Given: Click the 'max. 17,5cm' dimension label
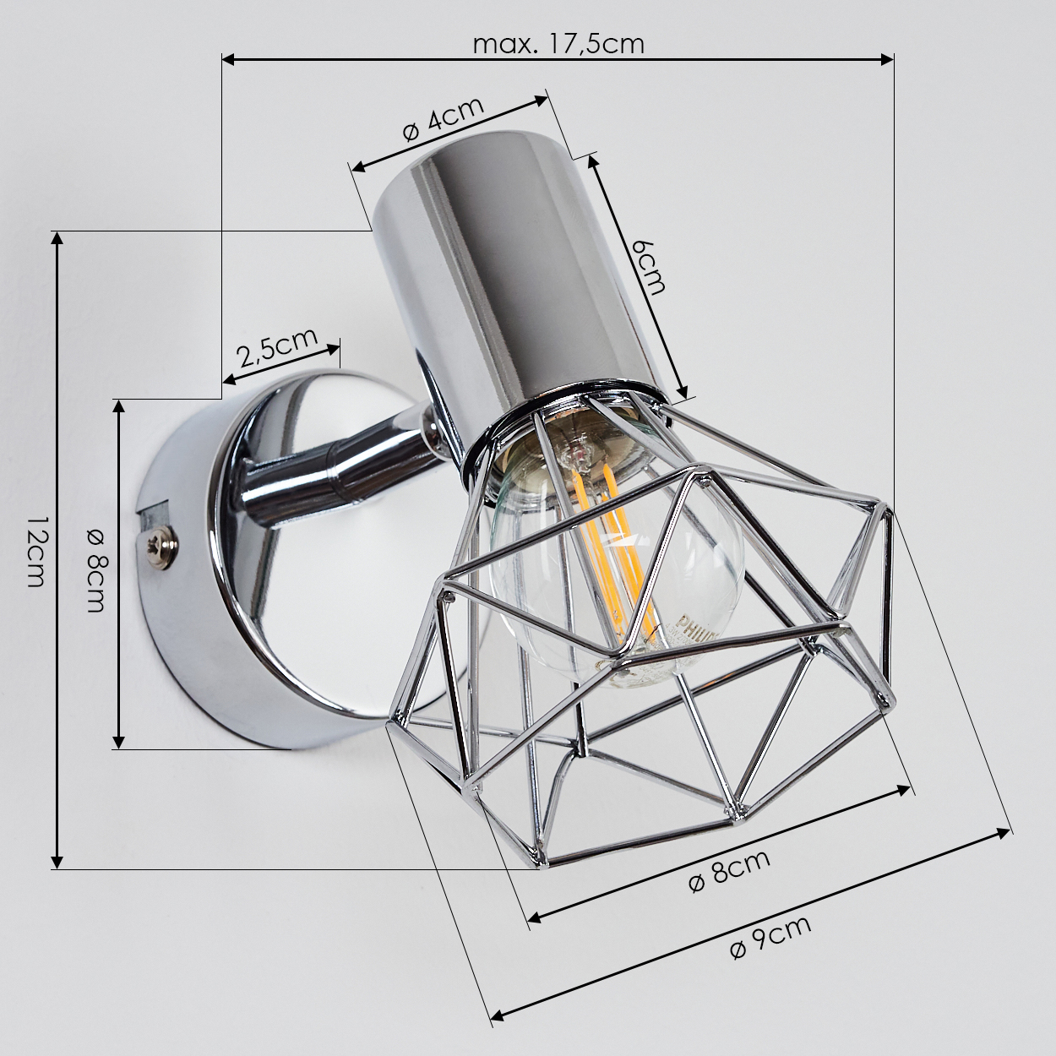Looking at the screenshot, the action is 558,45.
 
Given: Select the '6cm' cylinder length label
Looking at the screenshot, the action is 648,267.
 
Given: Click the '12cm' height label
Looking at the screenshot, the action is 35,552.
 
